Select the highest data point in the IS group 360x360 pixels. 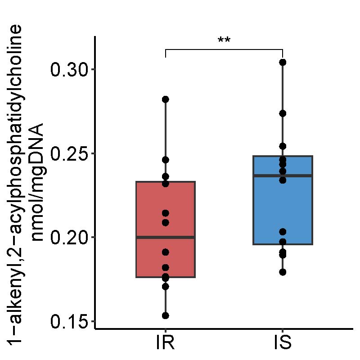pos(283,62)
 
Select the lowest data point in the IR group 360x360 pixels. pos(166,315)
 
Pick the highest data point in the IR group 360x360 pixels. pos(166,99)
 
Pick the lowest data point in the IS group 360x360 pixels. pos(283,272)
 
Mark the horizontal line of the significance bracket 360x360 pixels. pos(224,49)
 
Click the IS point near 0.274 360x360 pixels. pos(283,113)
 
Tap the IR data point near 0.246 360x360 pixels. pos(166,160)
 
